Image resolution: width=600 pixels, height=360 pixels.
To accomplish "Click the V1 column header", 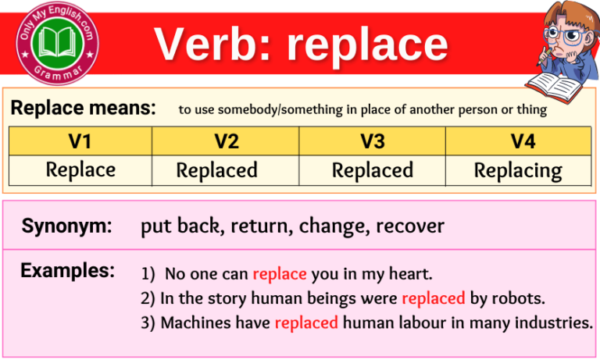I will (80, 141).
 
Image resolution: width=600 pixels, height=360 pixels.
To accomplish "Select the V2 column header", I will (226, 141).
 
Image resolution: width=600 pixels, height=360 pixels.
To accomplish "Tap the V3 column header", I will (373, 141).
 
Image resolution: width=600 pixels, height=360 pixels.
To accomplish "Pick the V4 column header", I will (518, 141).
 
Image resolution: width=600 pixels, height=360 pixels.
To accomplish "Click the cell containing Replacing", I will (518, 170).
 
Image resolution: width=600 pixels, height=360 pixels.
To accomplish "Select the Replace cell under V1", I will (80, 169).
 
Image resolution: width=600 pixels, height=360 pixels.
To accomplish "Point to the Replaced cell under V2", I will (217, 170).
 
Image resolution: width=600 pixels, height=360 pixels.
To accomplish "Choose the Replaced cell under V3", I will (373, 170).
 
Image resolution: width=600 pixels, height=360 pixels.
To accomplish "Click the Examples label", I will (68, 271).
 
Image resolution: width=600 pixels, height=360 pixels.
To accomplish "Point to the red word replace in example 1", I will (280, 275).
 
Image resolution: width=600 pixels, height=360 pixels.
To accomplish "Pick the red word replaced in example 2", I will (433, 298).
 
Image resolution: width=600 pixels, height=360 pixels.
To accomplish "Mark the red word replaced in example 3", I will (306, 322).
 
